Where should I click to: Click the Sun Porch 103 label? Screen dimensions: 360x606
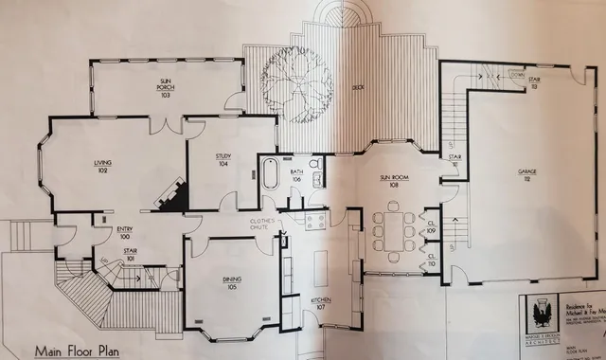[164, 89]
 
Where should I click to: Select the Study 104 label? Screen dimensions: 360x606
[223, 159]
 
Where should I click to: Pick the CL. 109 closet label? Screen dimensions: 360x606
[431, 227]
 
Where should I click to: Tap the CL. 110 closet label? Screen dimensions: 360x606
[431, 258]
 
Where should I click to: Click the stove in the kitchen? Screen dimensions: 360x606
[315, 220]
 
